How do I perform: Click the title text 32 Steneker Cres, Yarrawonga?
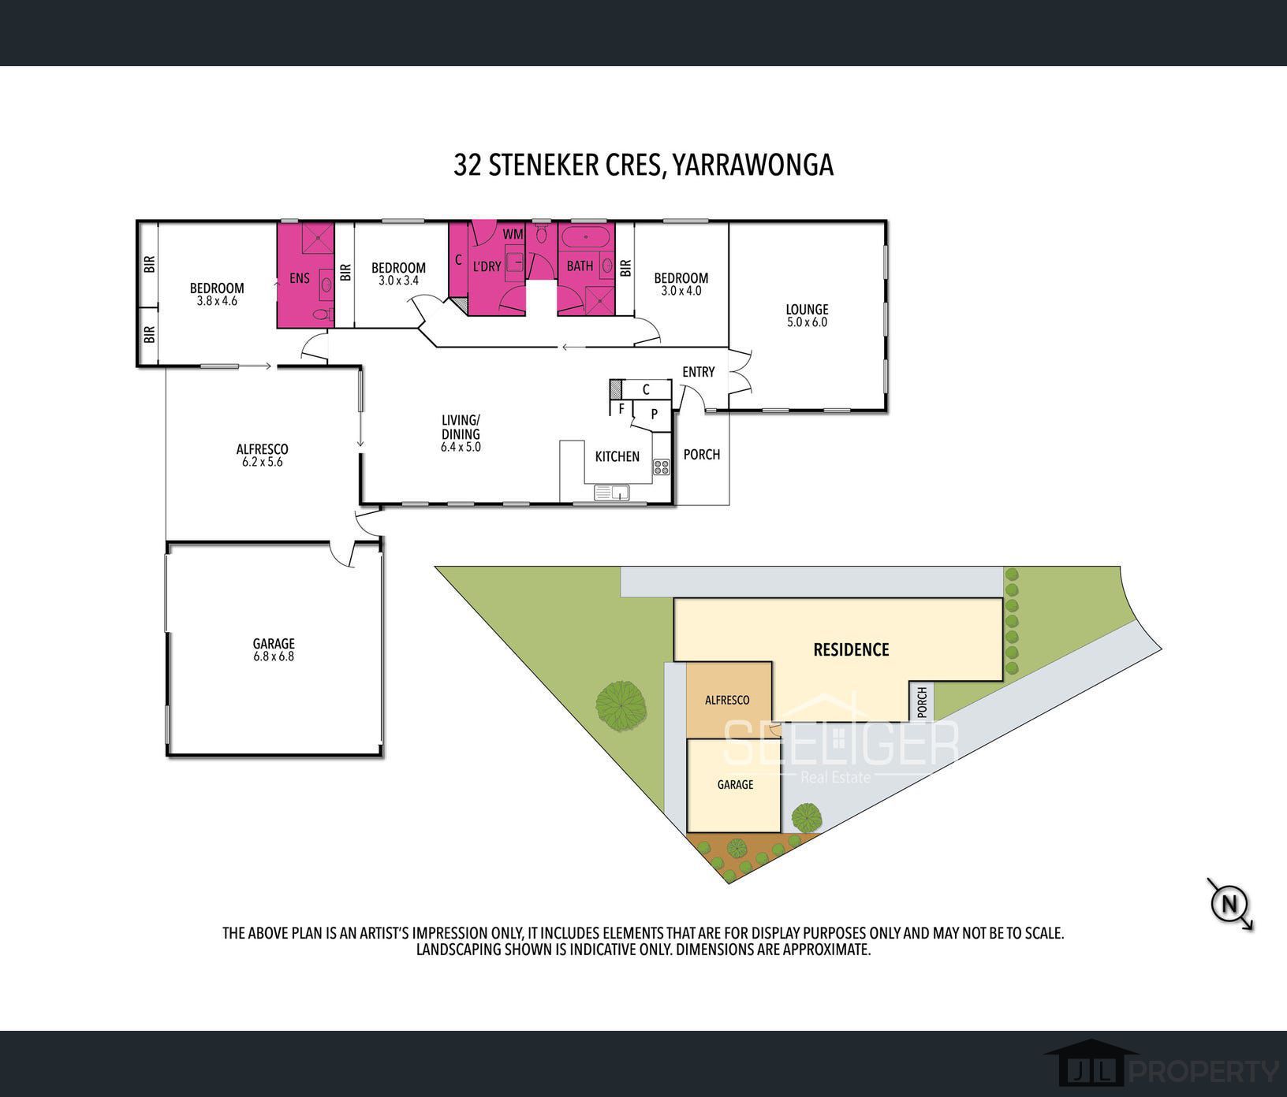coord(643,165)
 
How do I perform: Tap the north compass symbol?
coord(1229,903)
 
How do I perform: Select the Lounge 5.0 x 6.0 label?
coord(807,315)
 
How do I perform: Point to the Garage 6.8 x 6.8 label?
coord(274,649)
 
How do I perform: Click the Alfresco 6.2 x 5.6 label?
coord(262,456)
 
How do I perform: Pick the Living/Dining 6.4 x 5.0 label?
coord(461,433)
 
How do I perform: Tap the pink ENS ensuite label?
coord(300,277)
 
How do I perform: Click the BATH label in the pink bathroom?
coord(580,266)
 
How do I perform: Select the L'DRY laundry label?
coord(487,266)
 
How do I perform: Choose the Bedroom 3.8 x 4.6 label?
coord(217,294)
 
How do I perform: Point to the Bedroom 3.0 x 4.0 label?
coord(681,284)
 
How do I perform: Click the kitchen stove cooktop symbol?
coord(661,467)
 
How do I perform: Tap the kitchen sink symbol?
coord(612,493)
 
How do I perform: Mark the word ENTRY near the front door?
coord(698,372)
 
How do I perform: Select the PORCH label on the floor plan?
coord(701,454)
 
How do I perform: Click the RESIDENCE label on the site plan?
coord(851,649)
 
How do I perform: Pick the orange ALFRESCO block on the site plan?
coord(727,700)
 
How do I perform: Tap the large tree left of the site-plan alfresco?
coord(621,703)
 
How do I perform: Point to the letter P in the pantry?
coord(654,414)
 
